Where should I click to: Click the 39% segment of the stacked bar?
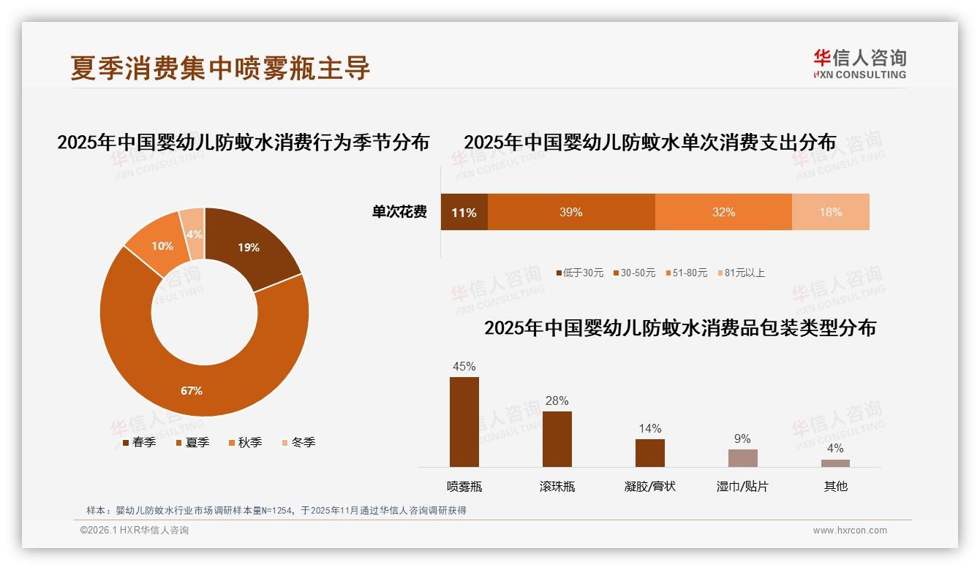click(570, 212)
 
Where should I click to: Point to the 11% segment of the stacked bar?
click(464, 212)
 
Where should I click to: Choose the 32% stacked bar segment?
click(723, 212)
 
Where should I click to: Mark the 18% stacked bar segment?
click(830, 212)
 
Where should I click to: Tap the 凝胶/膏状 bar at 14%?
click(650, 452)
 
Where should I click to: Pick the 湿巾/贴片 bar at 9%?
click(742, 457)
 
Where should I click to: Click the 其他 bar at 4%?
click(835, 463)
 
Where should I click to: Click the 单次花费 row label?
click(399, 212)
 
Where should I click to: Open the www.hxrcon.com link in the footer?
click(850, 531)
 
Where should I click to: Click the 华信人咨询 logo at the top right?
click(859, 64)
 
